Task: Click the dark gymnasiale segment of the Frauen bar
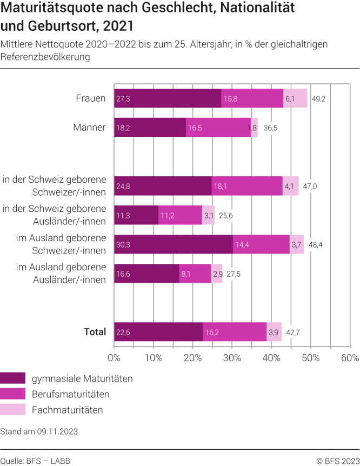pyautogui.click(x=168, y=98)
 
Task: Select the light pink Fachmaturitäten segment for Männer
pyautogui.click(x=255, y=128)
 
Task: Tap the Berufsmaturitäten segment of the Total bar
pyautogui.click(x=235, y=332)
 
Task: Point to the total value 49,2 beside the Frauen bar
pyautogui.click(x=319, y=99)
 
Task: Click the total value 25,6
pyautogui.click(x=226, y=216)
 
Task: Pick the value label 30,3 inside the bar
pyautogui.click(x=123, y=244)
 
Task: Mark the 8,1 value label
pyautogui.click(x=186, y=274)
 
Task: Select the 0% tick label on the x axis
pyautogui.click(x=114, y=358)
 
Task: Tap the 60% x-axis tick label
pyautogui.click(x=350, y=358)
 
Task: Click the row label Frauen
pyautogui.click(x=91, y=98)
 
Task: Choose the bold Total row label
pyautogui.click(x=95, y=332)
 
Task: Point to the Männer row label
pyautogui.click(x=90, y=127)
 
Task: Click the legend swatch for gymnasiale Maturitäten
pyautogui.click(x=13, y=378)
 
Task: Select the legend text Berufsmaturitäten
pyautogui.click(x=71, y=394)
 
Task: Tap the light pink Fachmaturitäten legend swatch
pyautogui.click(x=13, y=410)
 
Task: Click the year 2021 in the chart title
pyautogui.click(x=118, y=26)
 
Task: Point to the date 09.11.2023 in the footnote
pyautogui.click(x=57, y=431)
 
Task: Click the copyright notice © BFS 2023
pyautogui.click(x=338, y=461)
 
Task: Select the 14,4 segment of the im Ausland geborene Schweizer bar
pyautogui.click(x=261, y=244)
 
